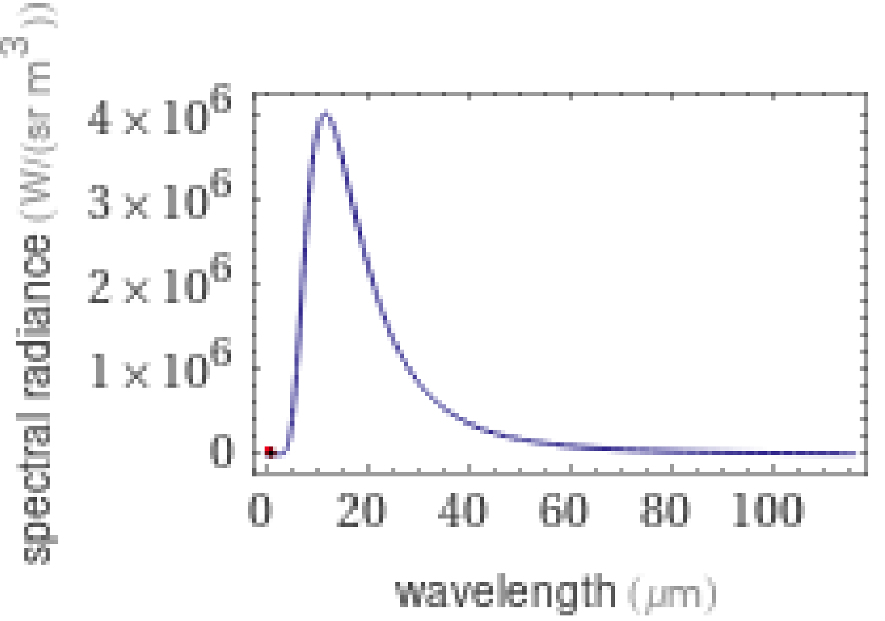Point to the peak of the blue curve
tap(325, 113)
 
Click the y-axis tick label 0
tap(222, 452)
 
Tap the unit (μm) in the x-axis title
tap(672, 594)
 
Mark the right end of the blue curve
tap(855, 454)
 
